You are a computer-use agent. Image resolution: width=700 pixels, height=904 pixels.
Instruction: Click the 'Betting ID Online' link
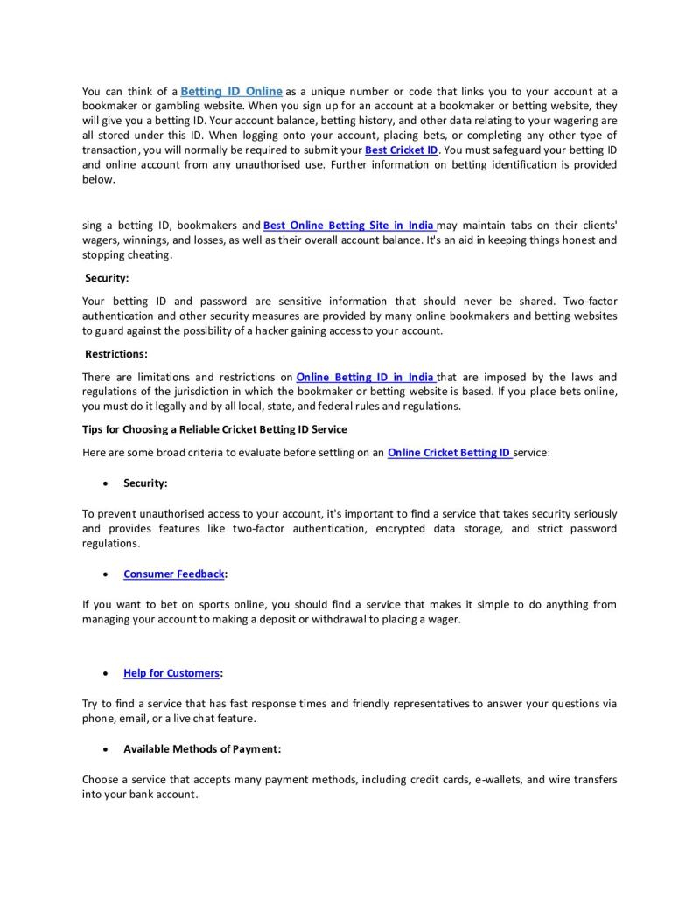click(x=231, y=91)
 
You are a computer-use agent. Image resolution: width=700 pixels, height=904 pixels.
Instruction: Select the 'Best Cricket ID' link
click(x=401, y=150)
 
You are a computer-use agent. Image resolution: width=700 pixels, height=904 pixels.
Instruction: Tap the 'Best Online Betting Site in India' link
click(x=348, y=226)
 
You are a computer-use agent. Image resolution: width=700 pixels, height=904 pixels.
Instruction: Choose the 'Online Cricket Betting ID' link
click(x=449, y=453)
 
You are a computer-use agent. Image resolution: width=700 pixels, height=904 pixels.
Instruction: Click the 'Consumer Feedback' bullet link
click(x=173, y=574)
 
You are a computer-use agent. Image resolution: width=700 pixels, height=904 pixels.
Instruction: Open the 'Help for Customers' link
click(x=171, y=673)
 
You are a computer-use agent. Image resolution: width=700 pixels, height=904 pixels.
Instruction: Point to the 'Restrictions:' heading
click(x=116, y=354)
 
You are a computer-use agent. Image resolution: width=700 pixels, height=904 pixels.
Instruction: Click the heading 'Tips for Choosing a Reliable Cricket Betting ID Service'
click(x=214, y=429)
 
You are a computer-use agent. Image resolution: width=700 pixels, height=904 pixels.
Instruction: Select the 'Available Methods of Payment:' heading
click(x=201, y=749)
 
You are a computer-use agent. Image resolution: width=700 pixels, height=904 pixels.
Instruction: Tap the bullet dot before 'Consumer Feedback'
click(x=106, y=574)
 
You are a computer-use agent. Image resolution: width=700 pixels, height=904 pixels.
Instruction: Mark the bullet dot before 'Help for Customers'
click(x=106, y=674)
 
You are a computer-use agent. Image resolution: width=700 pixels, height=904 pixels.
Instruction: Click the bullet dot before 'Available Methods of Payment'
click(x=106, y=750)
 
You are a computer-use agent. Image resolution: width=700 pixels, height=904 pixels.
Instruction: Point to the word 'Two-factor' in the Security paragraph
click(x=591, y=302)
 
